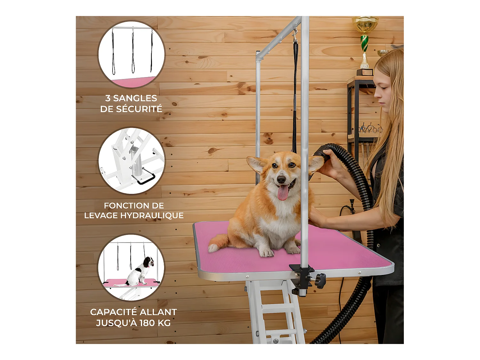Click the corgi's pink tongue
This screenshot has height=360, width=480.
tap(283, 193)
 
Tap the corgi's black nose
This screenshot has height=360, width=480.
tap(281, 180)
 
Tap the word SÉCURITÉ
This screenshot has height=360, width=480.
tap(142, 109)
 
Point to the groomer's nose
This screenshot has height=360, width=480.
tap(376, 95)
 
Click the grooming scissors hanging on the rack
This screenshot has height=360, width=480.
tap(370, 129)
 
